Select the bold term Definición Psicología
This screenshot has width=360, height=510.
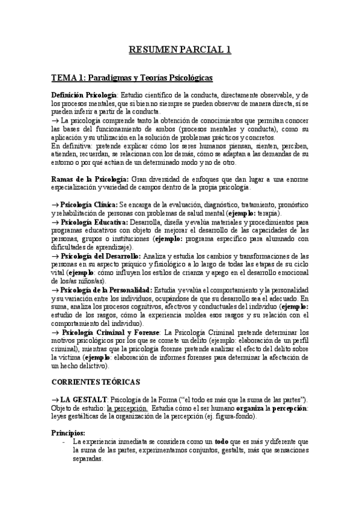point(84,96)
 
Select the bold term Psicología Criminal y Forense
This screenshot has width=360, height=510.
point(111,331)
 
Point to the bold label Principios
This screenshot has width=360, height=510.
point(68,432)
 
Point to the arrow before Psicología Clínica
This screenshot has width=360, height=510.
point(55,205)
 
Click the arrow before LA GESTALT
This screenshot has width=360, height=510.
point(55,399)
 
